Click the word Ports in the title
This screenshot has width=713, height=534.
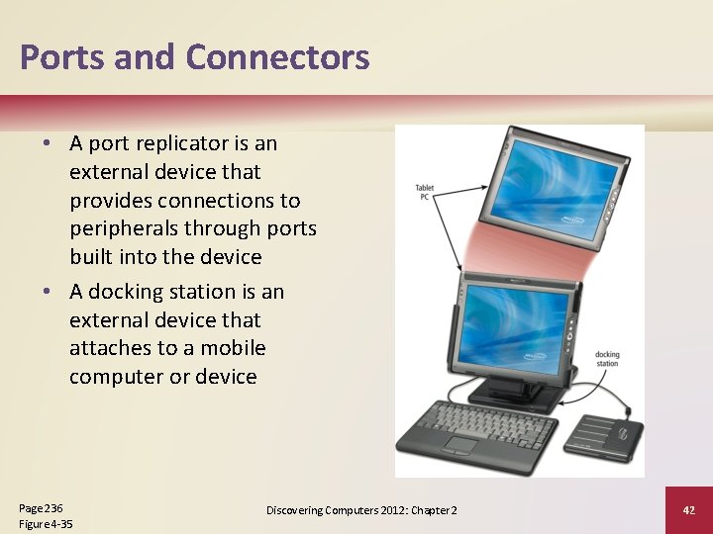[62, 56]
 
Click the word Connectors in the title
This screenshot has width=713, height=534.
[277, 56]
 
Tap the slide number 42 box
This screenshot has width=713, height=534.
[689, 509]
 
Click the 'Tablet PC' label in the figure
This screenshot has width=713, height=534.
[425, 192]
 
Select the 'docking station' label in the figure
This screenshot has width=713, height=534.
[606, 358]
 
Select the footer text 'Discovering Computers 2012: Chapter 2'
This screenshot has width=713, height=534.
[361, 509]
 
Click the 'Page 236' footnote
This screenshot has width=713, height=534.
[41, 507]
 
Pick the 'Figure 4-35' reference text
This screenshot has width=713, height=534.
[46, 524]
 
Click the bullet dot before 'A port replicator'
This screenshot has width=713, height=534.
[48, 143]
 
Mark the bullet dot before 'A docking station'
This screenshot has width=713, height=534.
[48, 292]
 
